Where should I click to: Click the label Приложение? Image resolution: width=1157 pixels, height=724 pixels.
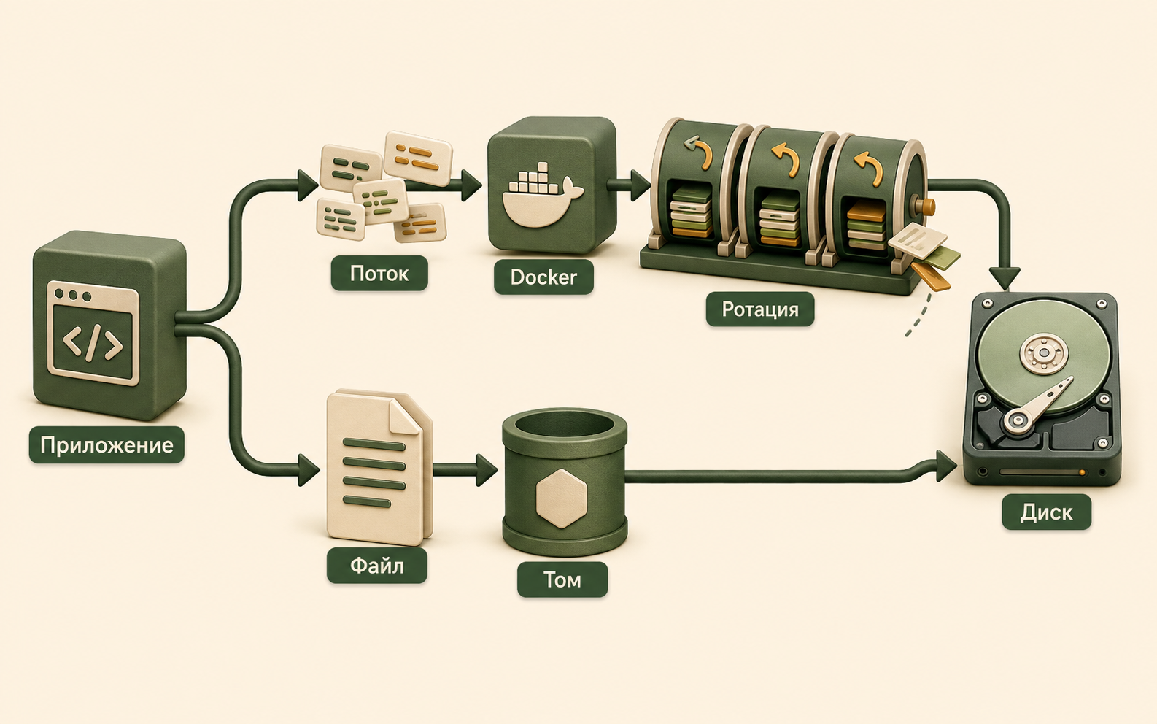point(107,445)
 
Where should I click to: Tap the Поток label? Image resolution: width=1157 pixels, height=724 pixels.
point(379,274)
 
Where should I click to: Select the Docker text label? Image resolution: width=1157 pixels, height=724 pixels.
point(543,277)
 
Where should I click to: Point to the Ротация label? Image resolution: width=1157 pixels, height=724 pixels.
point(760,309)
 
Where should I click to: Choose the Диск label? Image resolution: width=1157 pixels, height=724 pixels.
point(1046,512)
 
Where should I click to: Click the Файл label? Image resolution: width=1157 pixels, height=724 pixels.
point(377,566)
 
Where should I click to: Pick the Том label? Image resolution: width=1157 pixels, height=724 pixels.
point(562,579)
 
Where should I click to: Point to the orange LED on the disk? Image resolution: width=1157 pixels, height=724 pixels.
point(1082,473)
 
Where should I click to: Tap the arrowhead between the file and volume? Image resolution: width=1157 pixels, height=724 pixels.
point(487,470)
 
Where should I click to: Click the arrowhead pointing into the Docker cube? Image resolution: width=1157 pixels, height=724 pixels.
point(471,185)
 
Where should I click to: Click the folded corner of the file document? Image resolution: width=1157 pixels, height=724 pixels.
point(404,417)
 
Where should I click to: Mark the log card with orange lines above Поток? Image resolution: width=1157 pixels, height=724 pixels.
point(419,158)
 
